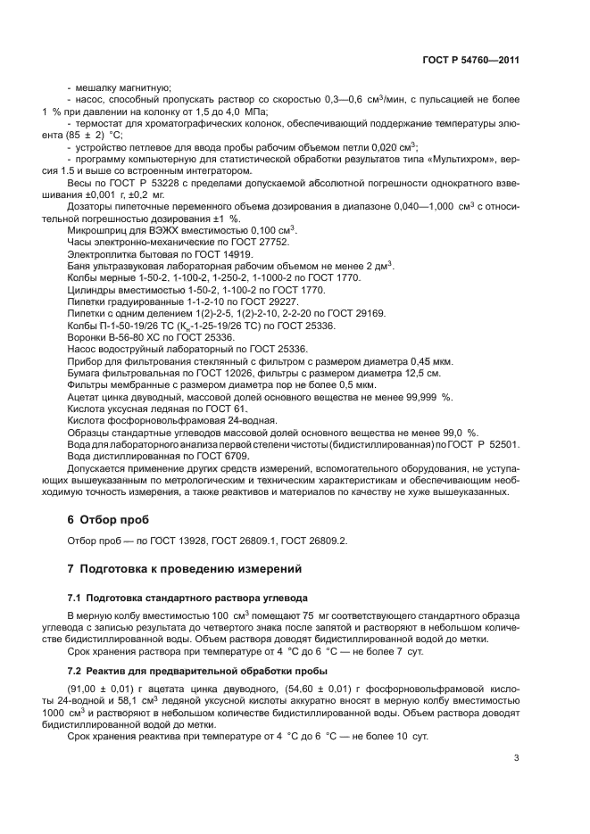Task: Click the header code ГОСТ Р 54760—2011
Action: [470, 60]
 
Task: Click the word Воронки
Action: [87, 337]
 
